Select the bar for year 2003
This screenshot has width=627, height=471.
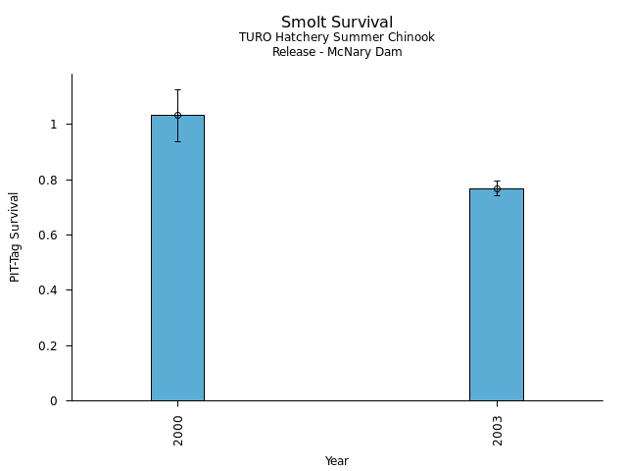[x=497, y=294]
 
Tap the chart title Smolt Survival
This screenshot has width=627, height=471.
[x=337, y=23]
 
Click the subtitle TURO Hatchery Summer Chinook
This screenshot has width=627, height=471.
[x=337, y=37]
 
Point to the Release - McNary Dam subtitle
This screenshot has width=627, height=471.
[x=337, y=52]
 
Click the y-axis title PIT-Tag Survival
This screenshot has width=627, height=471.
[x=16, y=236]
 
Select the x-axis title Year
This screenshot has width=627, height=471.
[x=337, y=461]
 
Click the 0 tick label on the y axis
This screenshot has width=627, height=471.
[x=56, y=400]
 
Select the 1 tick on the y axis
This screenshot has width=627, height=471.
[x=56, y=125]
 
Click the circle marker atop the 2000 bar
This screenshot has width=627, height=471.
[x=177, y=115]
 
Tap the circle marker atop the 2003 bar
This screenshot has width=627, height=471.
[x=497, y=188]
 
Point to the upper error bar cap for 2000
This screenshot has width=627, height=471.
[x=177, y=89]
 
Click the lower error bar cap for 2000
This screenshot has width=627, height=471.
[x=177, y=141]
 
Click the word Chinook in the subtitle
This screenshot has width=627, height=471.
[x=412, y=37]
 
